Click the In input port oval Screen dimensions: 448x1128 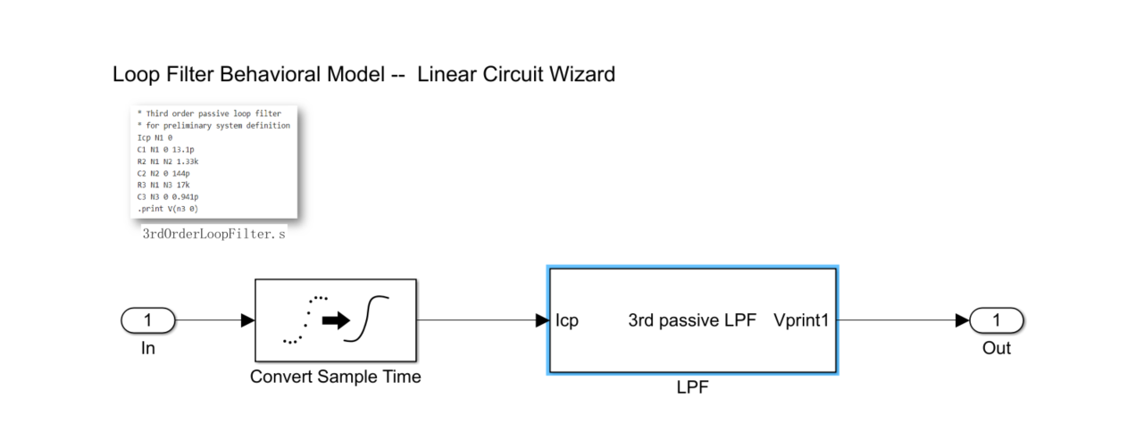(x=148, y=320)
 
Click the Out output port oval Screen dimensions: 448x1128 (x=996, y=320)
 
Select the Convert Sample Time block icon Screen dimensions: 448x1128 (x=335, y=319)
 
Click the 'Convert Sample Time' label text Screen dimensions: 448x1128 (x=335, y=377)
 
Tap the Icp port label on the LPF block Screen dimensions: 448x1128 (x=567, y=320)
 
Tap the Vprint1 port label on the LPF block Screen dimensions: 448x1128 (x=801, y=320)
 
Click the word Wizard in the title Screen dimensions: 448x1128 (x=582, y=74)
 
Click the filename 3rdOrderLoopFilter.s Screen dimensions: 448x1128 (x=214, y=235)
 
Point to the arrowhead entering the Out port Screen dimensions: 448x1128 (x=962, y=320)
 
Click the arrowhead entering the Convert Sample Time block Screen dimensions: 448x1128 (x=248, y=320)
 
